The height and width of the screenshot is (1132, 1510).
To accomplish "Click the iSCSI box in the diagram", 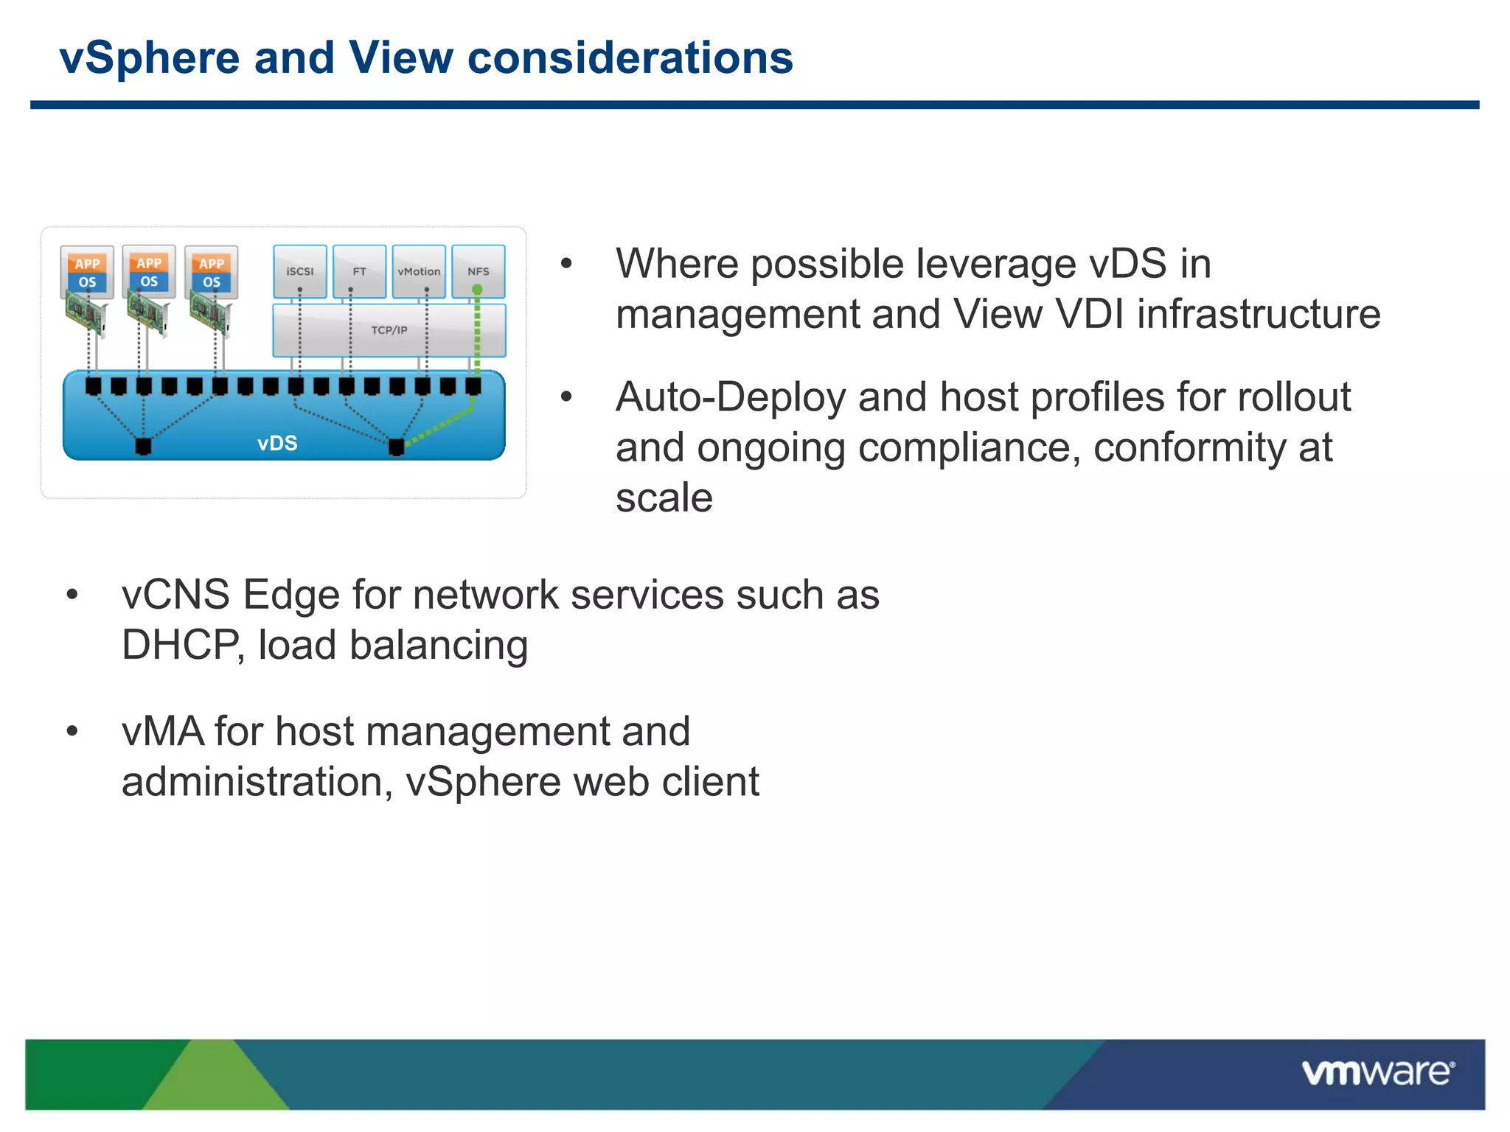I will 299,271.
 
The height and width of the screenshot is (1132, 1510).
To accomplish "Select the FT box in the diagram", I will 359,271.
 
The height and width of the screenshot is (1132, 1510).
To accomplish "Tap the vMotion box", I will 419,271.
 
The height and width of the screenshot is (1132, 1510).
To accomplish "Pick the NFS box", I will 479,271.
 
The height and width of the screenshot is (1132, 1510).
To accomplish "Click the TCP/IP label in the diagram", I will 389,330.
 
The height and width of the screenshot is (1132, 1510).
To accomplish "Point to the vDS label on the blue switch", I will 277,443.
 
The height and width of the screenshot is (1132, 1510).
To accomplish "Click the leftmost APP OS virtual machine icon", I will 87,272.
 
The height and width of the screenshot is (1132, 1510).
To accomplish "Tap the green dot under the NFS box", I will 477,290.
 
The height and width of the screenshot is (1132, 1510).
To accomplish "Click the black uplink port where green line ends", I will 396,446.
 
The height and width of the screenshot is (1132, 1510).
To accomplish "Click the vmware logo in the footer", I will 1377,1072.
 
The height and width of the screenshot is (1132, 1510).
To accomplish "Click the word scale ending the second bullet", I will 664,497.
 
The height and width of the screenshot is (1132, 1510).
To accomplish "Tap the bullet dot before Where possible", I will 566,264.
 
